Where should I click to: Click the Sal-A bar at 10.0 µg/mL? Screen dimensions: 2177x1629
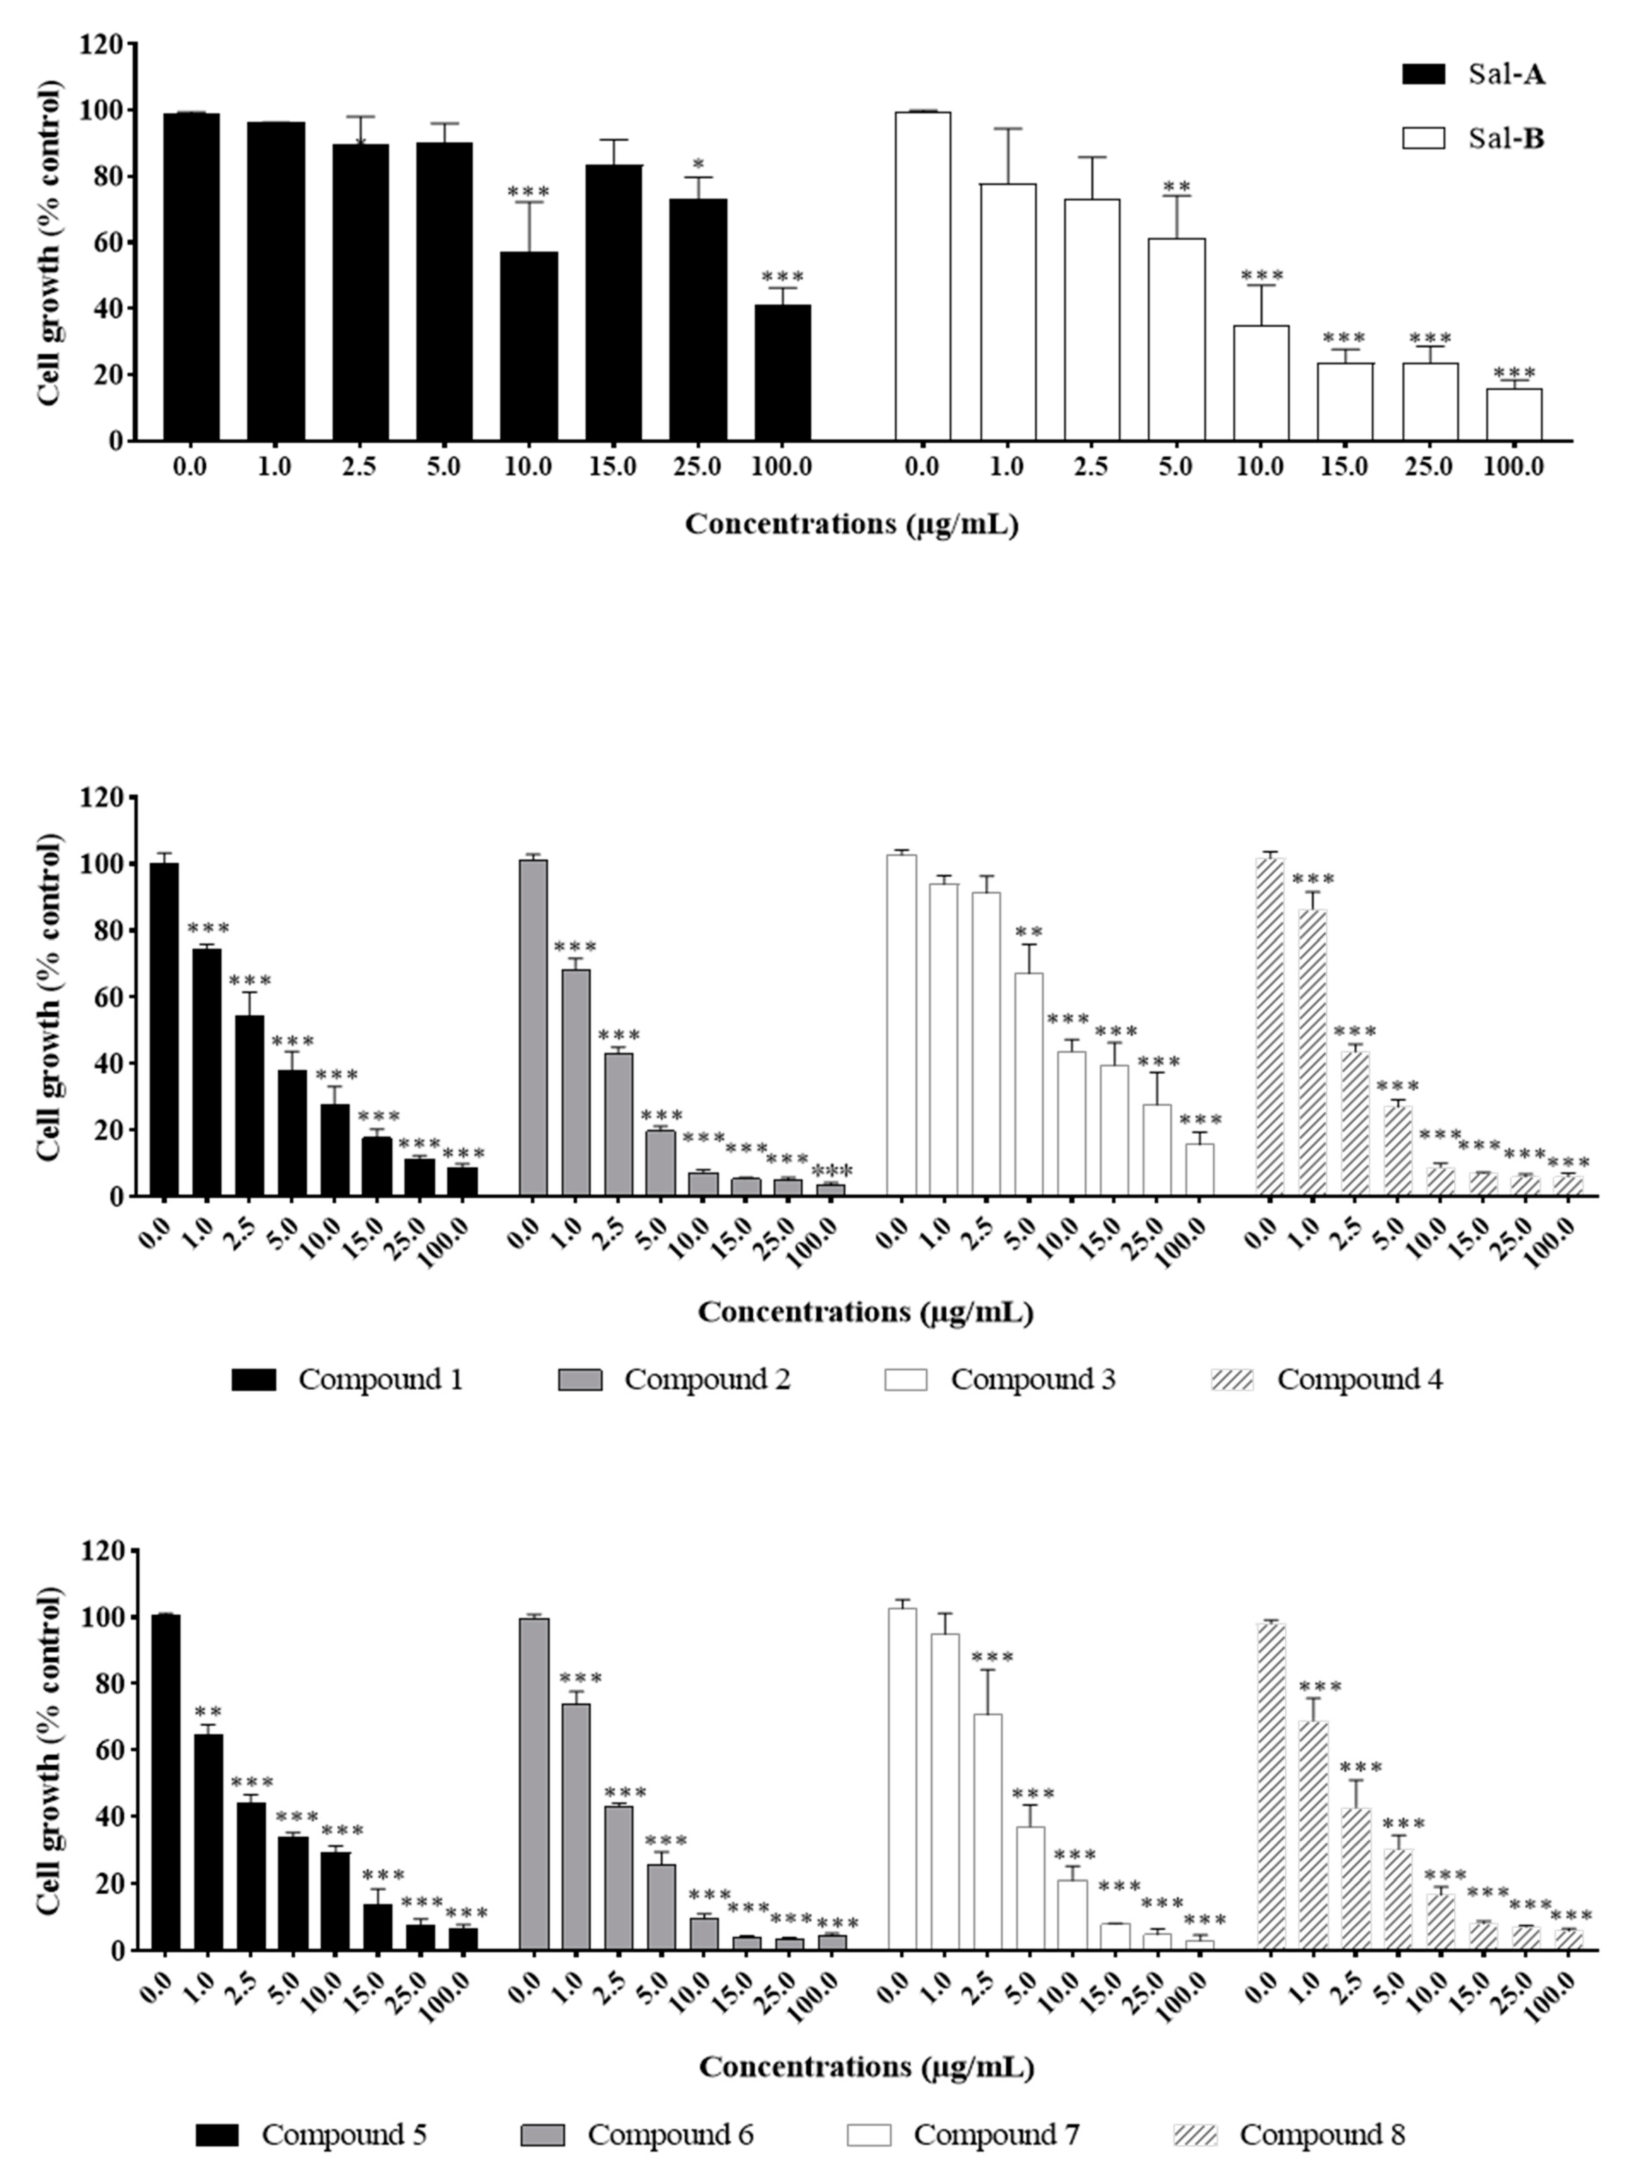coord(528,347)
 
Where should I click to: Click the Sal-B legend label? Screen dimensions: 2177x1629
coord(1506,139)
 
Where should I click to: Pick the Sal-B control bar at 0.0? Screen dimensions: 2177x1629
coord(922,276)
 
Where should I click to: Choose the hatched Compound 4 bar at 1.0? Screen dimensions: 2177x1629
coord(1312,1053)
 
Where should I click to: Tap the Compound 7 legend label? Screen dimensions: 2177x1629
coord(996,2135)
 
